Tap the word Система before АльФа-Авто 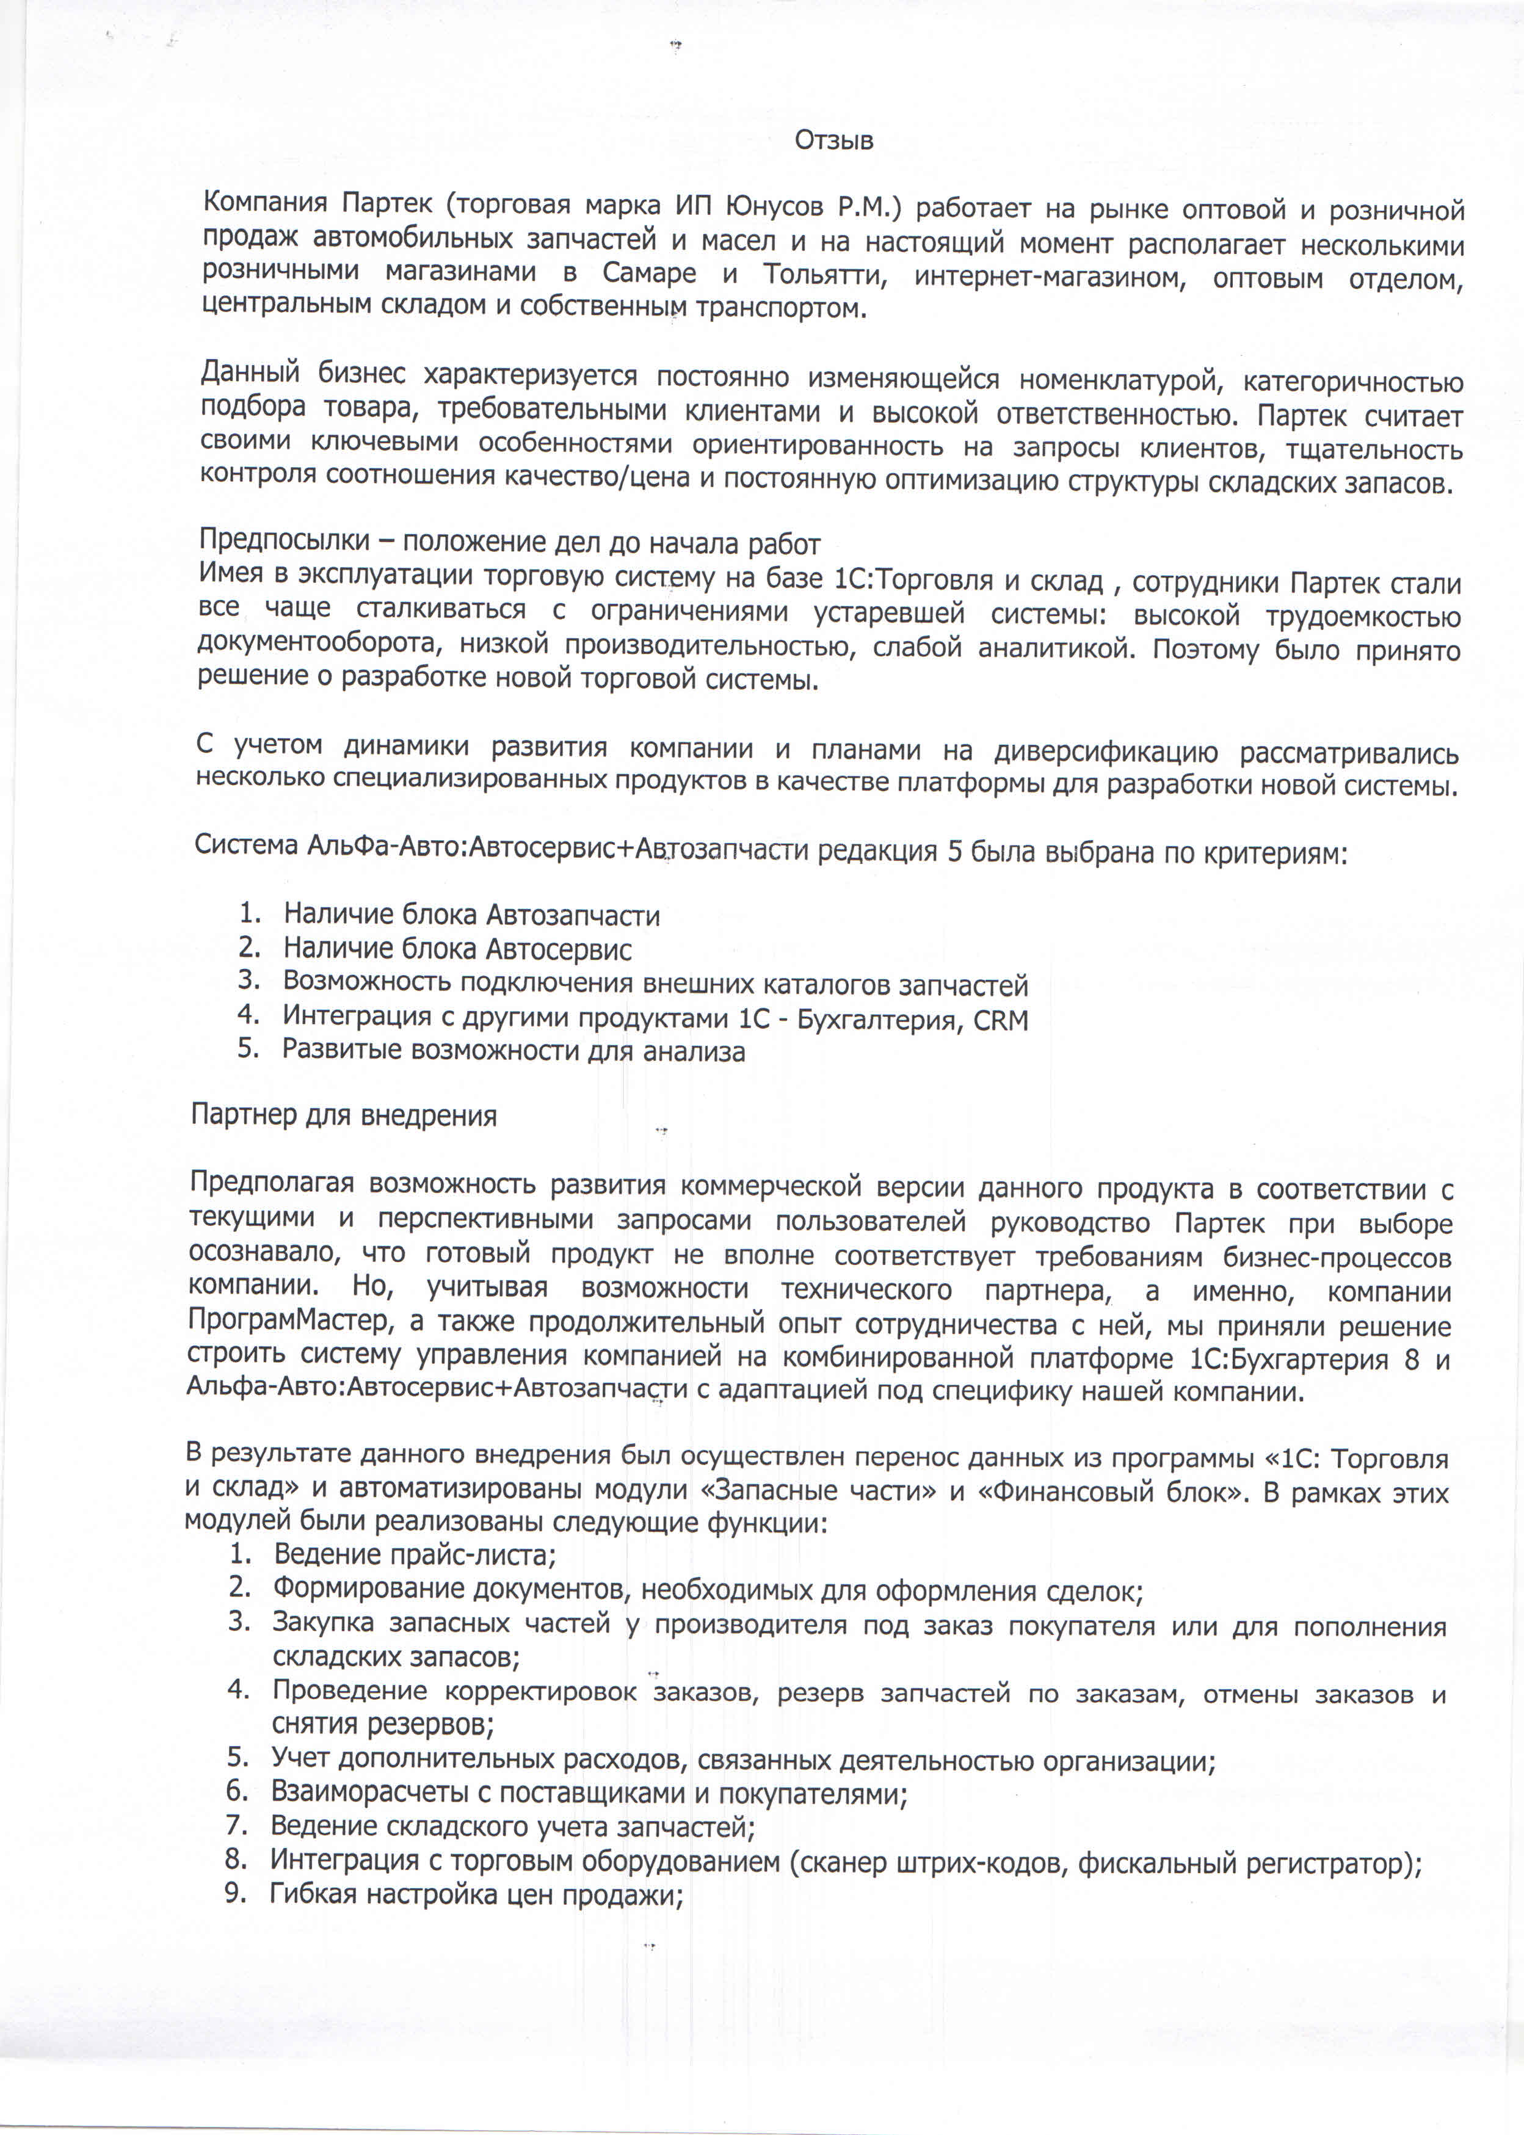(246, 844)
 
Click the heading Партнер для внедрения (344, 1115)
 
